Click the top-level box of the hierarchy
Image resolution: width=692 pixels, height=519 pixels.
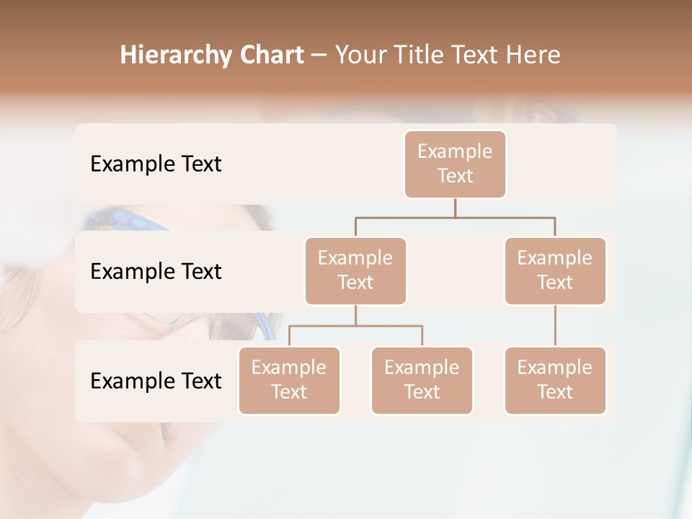[455, 164]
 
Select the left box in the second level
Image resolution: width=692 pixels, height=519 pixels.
[355, 271]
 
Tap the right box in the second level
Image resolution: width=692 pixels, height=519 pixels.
[555, 271]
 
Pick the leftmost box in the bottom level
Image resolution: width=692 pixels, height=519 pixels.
[289, 381]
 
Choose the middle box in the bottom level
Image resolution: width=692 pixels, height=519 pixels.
[422, 381]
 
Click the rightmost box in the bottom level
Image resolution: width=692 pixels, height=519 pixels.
[555, 381]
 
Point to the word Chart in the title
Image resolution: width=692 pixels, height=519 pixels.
[266, 55]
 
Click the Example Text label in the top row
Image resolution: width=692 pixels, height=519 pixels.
[156, 164]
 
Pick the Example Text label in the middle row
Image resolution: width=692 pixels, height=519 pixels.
[156, 272]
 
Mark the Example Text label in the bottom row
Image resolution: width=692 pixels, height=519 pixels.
[156, 381]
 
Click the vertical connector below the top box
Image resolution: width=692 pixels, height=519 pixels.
[455, 208]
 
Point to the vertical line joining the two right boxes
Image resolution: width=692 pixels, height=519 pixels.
[555, 326]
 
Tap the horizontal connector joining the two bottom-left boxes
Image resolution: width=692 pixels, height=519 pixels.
[355, 326]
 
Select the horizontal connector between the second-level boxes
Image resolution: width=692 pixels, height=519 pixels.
[455, 217]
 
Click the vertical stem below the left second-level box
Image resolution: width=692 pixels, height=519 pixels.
[355, 315]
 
